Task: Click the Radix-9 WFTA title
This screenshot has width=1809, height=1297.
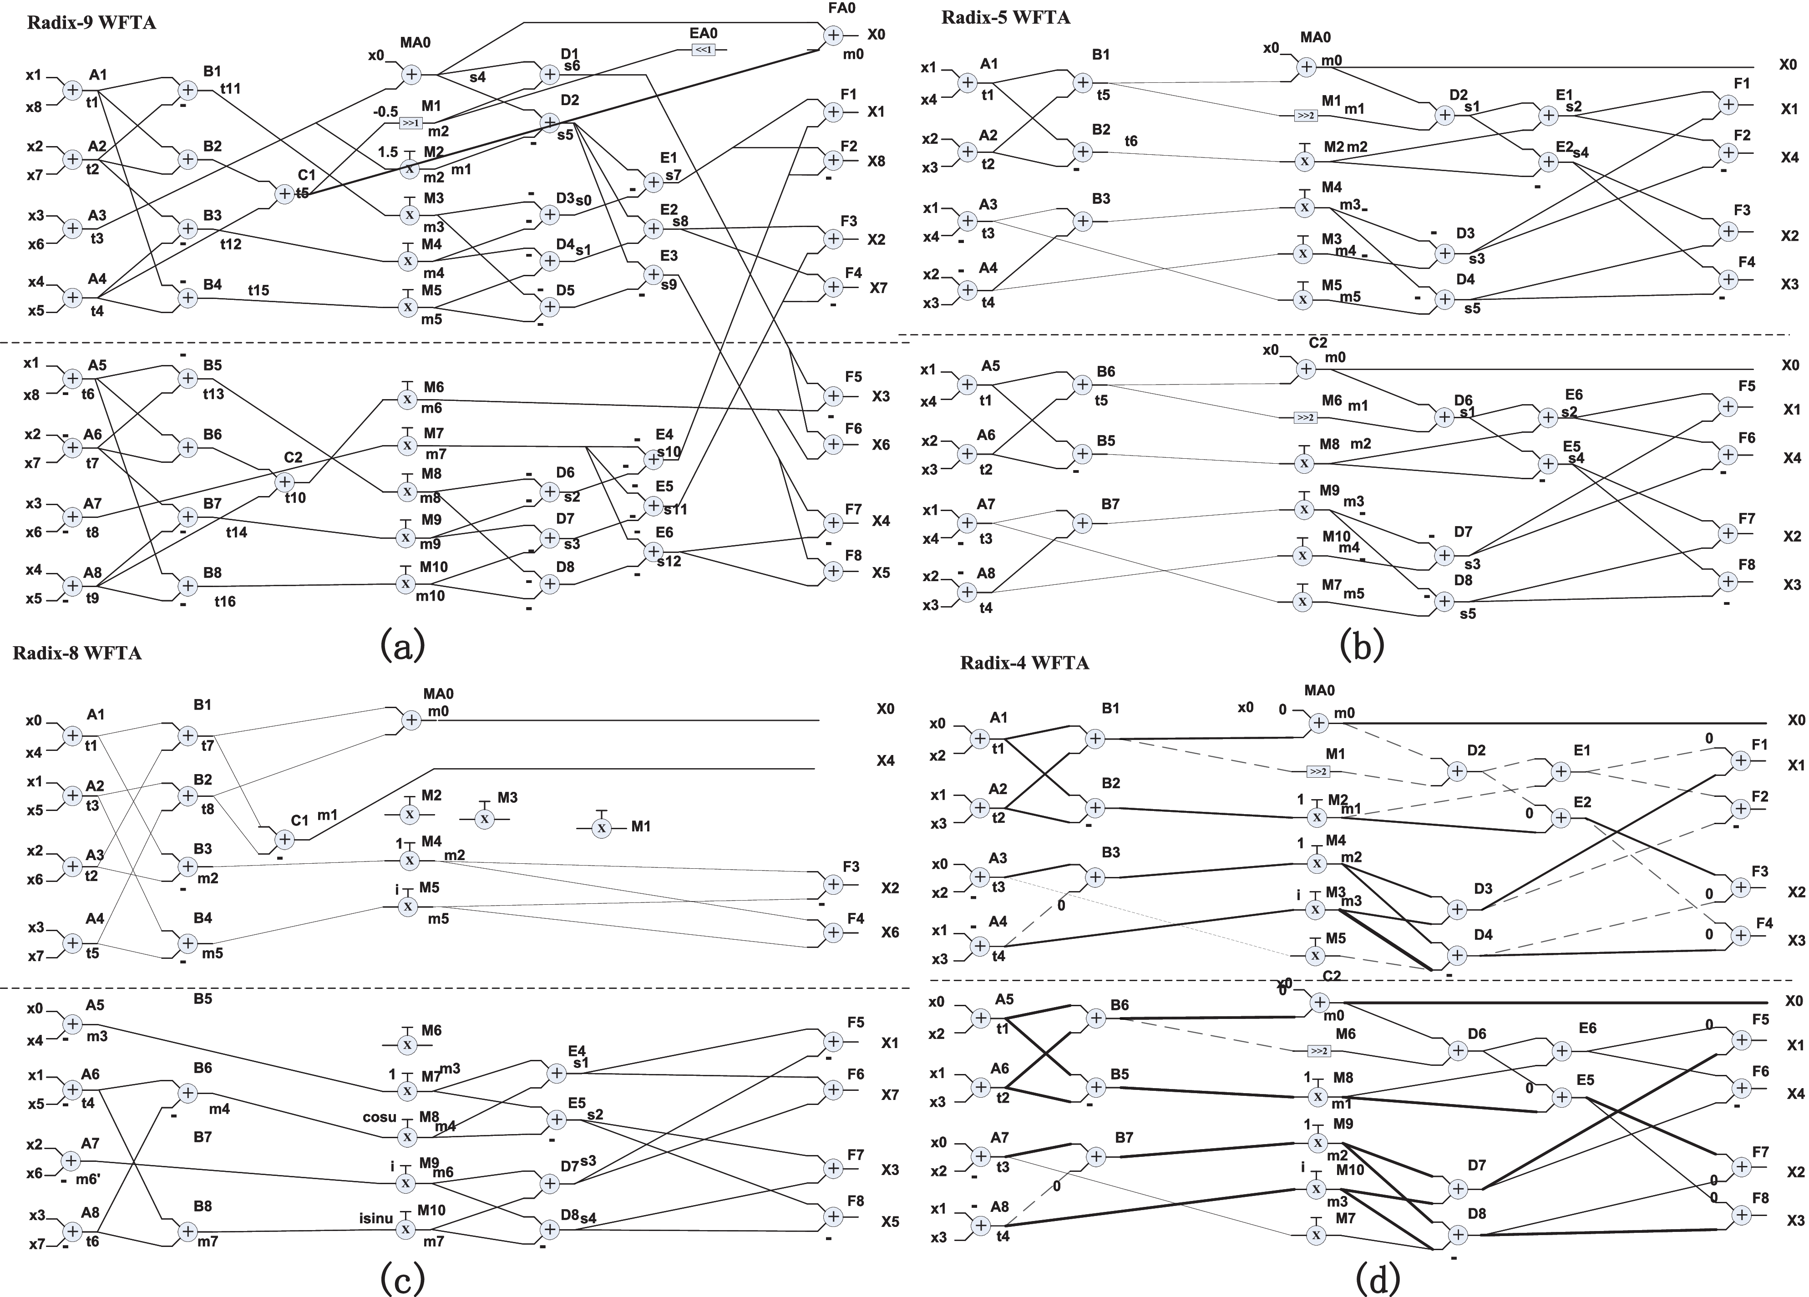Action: click(92, 22)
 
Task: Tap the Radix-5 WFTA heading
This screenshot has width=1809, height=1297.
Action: click(1006, 18)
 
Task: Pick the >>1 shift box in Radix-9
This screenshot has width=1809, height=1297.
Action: click(411, 123)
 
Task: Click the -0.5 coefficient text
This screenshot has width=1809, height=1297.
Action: click(385, 111)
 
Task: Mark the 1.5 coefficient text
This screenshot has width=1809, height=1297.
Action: click(388, 152)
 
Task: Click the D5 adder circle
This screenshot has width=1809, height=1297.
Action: click(550, 306)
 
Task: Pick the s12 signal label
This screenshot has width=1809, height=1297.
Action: click(669, 561)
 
